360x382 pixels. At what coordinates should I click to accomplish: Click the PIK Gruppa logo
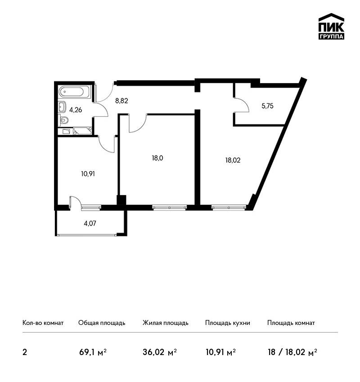pos(331,27)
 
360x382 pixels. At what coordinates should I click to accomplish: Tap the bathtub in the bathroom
pos(75,92)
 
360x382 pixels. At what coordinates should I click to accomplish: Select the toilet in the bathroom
pos(63,120)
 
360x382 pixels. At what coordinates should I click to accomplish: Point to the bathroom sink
pos(63,107)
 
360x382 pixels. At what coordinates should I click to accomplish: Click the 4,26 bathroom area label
pos(76,110)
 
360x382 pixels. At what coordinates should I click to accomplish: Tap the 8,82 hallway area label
pos(121,101)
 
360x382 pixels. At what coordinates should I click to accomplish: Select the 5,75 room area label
pos(267,106)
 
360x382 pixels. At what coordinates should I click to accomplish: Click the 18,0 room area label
pos(157,158)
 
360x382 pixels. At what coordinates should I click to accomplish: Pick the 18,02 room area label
pos(233,160)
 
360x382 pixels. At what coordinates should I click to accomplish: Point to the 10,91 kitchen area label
pos(88,174)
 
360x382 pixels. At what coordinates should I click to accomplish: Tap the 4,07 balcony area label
pos(90,223)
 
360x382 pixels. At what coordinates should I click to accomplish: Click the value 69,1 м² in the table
pos(93,352)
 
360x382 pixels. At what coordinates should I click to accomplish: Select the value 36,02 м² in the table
pos(159,352)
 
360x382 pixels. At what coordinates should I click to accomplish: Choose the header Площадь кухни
pos(228,323)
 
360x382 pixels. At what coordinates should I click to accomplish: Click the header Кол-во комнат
pos(43,323)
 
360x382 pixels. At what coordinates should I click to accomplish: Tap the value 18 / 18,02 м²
pos(292,352)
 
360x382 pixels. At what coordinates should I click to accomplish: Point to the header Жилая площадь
pos(165,323)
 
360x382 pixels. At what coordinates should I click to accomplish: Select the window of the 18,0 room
pos(170,207)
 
